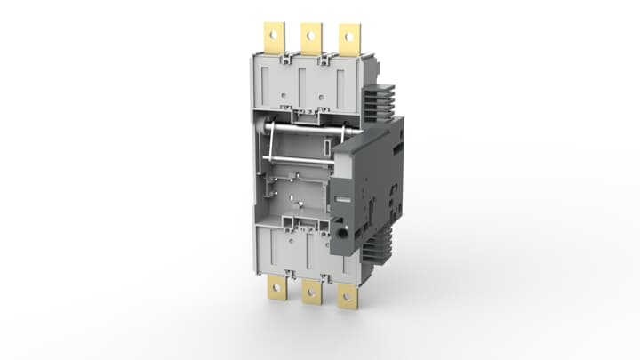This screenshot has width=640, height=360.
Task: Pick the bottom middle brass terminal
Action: tap(311, 291)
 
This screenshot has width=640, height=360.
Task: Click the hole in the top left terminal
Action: tap(273, 35)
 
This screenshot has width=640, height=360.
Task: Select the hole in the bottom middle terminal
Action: tap(311, 294)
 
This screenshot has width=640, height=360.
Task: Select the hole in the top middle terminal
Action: tap(310, 35)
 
